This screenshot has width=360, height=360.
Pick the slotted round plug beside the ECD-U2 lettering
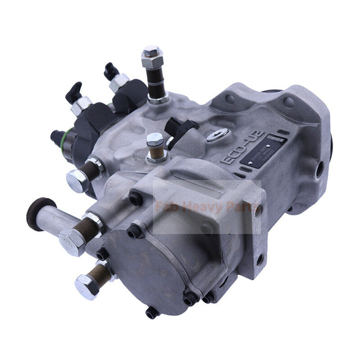pyautogui.click(x=216, y=135)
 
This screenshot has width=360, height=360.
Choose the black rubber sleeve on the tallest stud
pyautogui.click(x=152, y=79)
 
